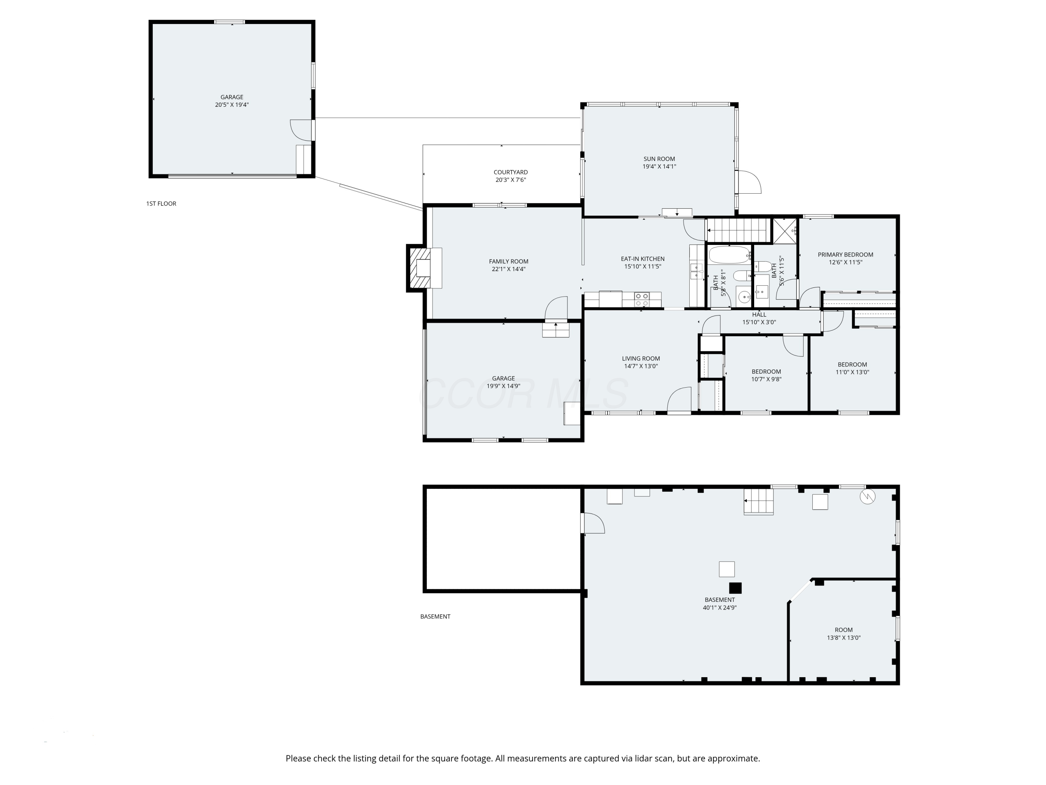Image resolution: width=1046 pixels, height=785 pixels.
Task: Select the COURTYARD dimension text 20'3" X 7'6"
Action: point(511,180)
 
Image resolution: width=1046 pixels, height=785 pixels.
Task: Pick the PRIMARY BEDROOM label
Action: point(846,255)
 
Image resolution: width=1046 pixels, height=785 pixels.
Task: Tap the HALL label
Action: point(759,315)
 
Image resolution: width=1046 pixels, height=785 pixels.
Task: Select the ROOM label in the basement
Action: point(844,630)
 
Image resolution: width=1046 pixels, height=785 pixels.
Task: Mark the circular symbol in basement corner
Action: point(868,496)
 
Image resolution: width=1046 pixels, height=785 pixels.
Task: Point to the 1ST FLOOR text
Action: point(161,203)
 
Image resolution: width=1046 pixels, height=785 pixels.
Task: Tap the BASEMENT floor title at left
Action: point(435,616)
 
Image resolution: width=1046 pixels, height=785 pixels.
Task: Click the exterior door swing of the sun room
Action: point(749,182)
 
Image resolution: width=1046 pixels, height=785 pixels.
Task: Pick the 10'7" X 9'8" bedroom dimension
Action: point(766,379)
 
